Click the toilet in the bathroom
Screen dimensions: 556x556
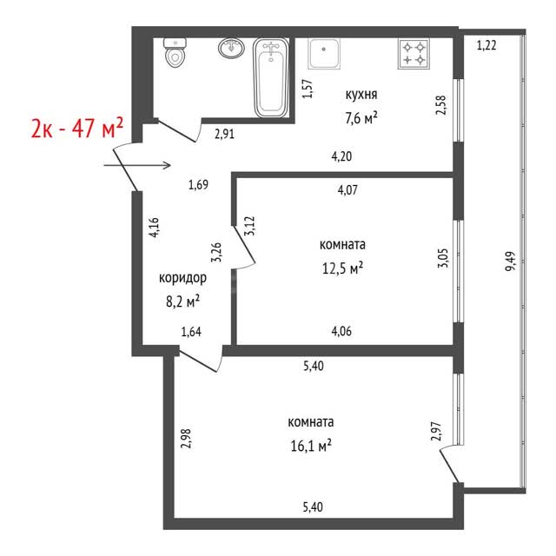pyautogui.click(x=175, y=53)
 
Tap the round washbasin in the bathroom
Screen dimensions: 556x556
pyautogui.click(x=231, y=48)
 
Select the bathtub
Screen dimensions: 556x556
pyautogui.click(x=271, y=78)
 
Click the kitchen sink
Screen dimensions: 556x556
pyautogui.click(x=324, y=54)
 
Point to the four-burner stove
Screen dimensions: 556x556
pyautogui.click(x=414, y=54)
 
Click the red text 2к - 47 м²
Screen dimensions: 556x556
pyautogui.click(x=77, y=128)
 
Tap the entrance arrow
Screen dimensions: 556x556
pyautogui.click(x=137, y=165)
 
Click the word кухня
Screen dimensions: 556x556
pyautogui.click(x=361, y=95)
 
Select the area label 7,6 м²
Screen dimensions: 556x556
pyautogui.click(x=361, y=118)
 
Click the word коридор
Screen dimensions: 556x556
pyautogui.click(x=182, y=278)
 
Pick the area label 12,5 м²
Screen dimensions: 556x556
pyautogui.click(x=342, y=268)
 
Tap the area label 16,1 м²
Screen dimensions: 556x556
pyautogui.click(x=311, y=446)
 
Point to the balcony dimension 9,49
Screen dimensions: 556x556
pyautogui.click(x=510, y=261)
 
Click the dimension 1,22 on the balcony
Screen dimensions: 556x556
pyautogui.click(x=486, y=45)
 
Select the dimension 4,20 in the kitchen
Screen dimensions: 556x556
pyautogui.click(x=341, y=156)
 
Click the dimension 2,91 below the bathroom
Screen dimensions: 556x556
pyautogui.click(x=224, y=134)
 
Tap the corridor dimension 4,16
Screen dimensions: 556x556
pyautogui.click(x=154, y=228)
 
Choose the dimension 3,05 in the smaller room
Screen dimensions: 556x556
pyautogui.click(x=443, y=258)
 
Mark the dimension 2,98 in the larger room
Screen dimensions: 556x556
pyautogui.click(x=186, y=439)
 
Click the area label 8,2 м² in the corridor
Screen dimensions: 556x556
pyautogui.click(x=182, y=301)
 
